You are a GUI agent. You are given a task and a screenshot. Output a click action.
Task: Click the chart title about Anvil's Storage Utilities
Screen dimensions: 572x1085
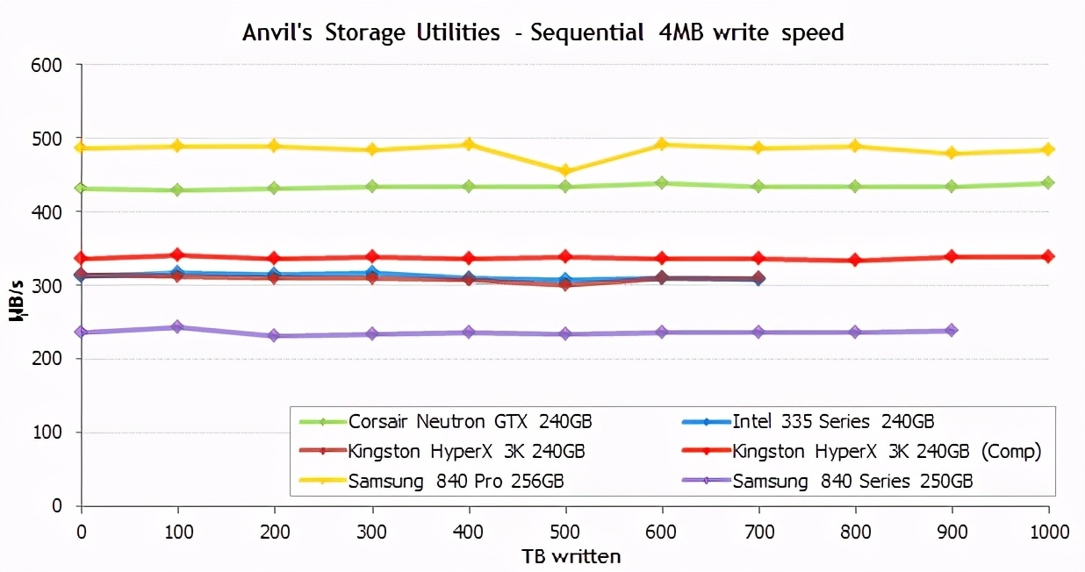tap(542, 33)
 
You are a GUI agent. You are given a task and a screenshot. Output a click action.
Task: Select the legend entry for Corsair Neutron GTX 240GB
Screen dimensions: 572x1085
tap(470, 421)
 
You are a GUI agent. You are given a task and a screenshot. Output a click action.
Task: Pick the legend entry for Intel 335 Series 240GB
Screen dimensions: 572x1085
tap(839, 421)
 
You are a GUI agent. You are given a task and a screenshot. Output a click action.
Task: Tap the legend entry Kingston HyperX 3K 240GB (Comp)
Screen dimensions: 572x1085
tap(887, 451)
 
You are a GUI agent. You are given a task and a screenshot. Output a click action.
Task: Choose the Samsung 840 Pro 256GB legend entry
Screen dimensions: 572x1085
tap(456, 481)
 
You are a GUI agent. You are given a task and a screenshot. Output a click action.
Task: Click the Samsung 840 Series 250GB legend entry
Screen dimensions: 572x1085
tap(852, 481)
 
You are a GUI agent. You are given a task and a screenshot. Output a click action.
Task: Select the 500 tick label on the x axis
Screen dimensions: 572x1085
tap(565, 532)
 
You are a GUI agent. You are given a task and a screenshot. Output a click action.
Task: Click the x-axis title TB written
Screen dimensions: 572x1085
tap(571, 556)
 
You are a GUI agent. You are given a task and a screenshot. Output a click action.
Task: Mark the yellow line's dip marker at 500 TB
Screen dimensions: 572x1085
tap(565, 171)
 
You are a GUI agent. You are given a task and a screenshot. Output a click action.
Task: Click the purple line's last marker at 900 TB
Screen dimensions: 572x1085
tap(952, 331)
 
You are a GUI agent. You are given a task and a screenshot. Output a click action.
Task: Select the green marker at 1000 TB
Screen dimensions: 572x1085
tap(1047, 182)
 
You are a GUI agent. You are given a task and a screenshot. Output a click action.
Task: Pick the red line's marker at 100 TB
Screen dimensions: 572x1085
tap(177, 255)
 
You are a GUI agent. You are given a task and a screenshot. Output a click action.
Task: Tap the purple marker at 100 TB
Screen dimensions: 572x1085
tap(177, 327)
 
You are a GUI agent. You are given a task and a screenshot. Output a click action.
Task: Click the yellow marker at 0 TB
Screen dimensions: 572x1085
tap(82, 147)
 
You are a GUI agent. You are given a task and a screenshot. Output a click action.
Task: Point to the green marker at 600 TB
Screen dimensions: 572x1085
tap(662, 182)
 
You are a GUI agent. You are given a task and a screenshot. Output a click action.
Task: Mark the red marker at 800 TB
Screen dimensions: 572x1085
tap(855, 261)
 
